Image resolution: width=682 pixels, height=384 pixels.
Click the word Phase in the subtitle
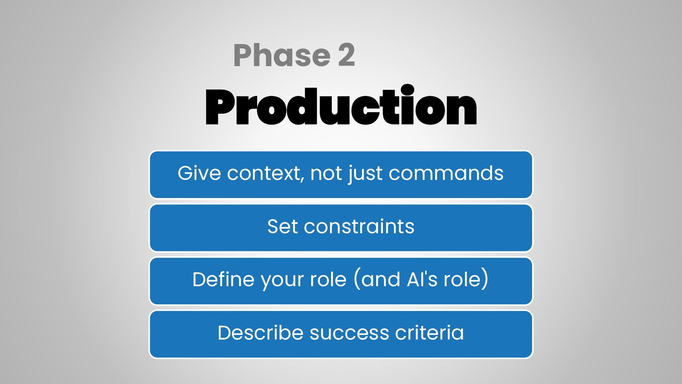point(282,55)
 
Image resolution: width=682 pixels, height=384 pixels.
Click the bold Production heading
point(341,106)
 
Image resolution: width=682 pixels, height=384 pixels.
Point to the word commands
point(446,173)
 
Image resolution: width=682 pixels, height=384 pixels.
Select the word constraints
point(359,226)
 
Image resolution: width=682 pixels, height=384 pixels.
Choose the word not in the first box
point(325,174)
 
